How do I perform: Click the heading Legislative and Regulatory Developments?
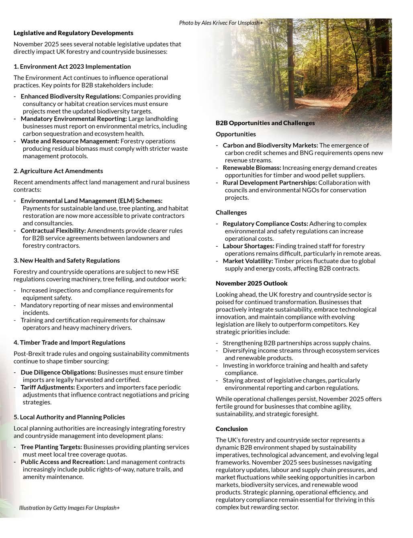(x=74, y=33)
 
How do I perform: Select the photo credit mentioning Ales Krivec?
(x=221, y=23)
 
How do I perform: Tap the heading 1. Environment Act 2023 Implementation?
(x=72, y=66)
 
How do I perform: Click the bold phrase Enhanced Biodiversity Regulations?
(x=71, y=96)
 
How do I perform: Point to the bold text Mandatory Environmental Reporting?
(x=74, y=119)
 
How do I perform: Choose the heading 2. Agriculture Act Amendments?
(x=58, y=171)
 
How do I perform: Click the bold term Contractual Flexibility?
(x=53, y=231)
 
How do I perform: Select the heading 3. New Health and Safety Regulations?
(x=67, y=260)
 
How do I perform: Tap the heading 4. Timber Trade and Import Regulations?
(x=70, y=342)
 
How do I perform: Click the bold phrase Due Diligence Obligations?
(x=59, y=372)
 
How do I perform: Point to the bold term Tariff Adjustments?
(x=48, y=387)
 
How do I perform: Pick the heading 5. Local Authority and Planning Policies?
(x=69, y=417)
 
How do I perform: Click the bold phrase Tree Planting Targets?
(x=51, y=447)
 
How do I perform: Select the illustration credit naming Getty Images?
(x=70, y=508)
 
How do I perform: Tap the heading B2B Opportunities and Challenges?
(x=265, y=123)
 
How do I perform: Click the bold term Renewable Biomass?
(x=252, y=168)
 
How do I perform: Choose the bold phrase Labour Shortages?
(x=249, y=246)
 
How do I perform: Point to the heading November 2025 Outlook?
(x=251, y=283)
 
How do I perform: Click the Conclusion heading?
(x=232, y=429)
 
